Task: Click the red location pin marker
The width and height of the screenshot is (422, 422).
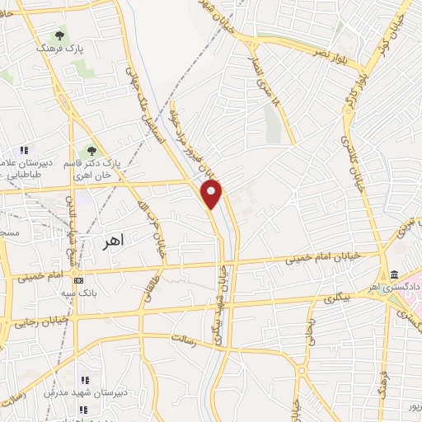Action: (212, 194)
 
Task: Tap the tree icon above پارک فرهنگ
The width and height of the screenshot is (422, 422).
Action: (59, 35)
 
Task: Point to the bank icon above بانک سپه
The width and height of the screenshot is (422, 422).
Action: (78, 279)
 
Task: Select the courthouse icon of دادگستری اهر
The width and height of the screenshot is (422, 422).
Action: (394, 274)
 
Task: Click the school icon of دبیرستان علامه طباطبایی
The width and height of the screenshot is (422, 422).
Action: (24, 151)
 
